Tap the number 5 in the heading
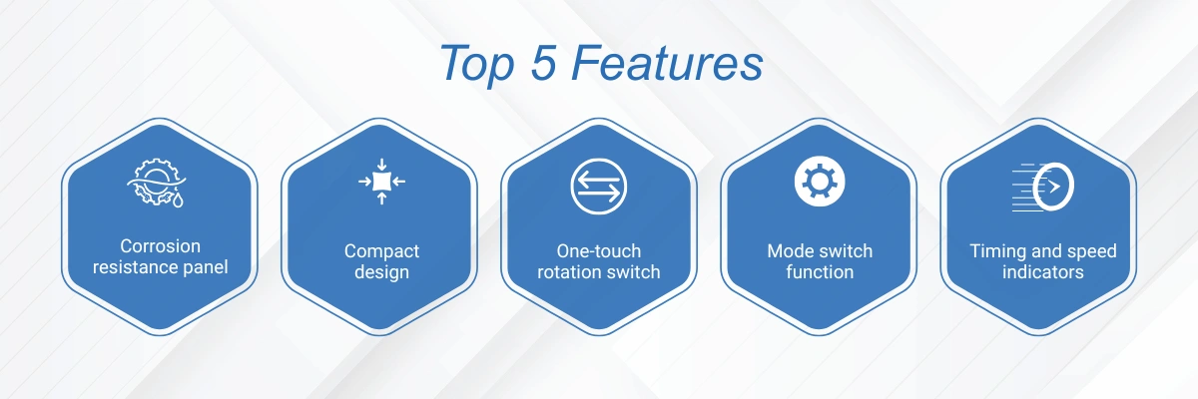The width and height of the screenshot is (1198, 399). click(543, 63)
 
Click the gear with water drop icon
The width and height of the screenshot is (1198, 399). click(156, 183)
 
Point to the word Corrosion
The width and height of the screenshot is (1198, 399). click(161, 246)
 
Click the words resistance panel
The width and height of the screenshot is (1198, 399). click(161, 267)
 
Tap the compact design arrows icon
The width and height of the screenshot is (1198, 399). click(381, 182)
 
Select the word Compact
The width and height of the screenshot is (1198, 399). click(381, 251)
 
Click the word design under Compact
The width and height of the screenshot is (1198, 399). click(381, 272)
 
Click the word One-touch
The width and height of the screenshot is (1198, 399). click(598, 251)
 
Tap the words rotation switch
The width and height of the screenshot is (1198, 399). click(598, 272)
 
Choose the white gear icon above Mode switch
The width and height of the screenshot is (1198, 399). click(820, 182)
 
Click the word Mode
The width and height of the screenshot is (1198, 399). click(787, 251)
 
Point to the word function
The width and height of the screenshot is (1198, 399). click(820, 272)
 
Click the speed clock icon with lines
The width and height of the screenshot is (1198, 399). click(1042, 187)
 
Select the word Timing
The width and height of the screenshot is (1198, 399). click(994, 251)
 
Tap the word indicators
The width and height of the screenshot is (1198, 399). click(1043, 272)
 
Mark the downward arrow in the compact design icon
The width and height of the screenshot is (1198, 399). click(381, 165)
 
